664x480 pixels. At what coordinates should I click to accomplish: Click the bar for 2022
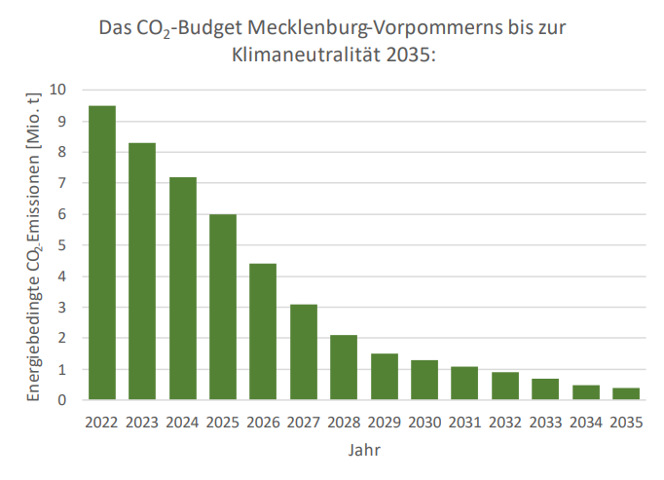click(102, 253)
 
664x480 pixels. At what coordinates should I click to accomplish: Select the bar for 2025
click(223, 308)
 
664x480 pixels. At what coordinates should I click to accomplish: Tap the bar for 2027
click(304, 352)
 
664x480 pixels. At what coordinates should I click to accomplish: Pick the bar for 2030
click(424, 381)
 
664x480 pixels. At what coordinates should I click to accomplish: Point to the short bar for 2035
click(625, 394)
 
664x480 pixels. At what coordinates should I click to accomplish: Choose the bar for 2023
click(142, 272)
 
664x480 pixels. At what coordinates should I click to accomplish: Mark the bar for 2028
click(344, 368)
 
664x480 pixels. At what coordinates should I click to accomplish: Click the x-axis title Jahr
click(364, 451)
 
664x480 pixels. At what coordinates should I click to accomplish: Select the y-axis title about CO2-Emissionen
click(35, 245)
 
